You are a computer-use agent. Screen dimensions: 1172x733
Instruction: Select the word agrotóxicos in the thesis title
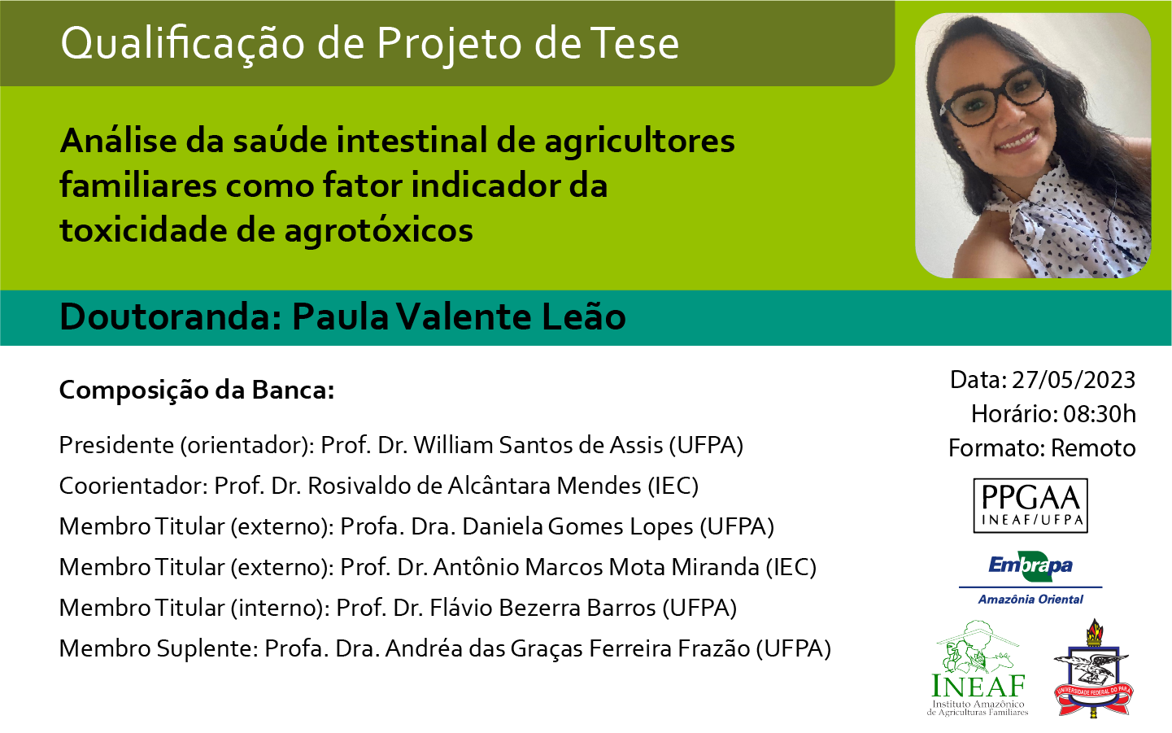click(x=379, y=231)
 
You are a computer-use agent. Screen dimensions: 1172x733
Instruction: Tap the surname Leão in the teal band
click(x=583, y=316)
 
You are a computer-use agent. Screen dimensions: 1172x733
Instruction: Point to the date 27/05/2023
click(x=1073, y=380)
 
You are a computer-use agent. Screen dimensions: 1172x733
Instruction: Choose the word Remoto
click(x=1093, y=448)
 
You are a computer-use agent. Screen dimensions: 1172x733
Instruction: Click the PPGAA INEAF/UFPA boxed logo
click(x=1030, y=505)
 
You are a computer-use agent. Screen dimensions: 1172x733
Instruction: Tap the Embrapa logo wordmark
click(x=1030, y=565)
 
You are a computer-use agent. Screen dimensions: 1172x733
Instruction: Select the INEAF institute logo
click(x=978, y=668)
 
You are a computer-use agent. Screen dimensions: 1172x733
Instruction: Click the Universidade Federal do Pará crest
click(x=1093, y=668)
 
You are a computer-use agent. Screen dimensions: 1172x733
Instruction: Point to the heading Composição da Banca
click(x=197, y=390)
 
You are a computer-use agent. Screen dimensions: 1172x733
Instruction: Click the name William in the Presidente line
click(x=453, y=445)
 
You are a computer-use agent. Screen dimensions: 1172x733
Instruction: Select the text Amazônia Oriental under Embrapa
click(x=1030, y=600)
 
